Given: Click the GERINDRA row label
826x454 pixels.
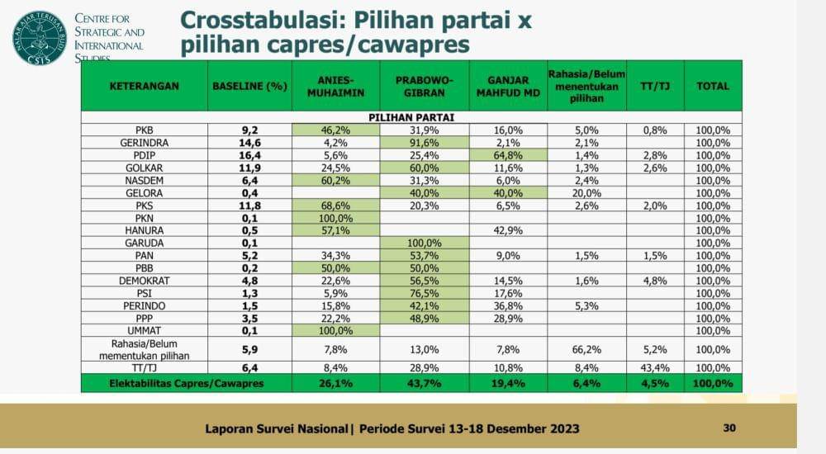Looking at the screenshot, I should (x=145, y=142).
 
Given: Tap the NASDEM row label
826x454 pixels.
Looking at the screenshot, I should (x=145, y=180).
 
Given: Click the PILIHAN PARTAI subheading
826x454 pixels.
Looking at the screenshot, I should (x=411, y=117).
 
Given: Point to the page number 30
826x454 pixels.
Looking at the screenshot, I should (x=729, y=428).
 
